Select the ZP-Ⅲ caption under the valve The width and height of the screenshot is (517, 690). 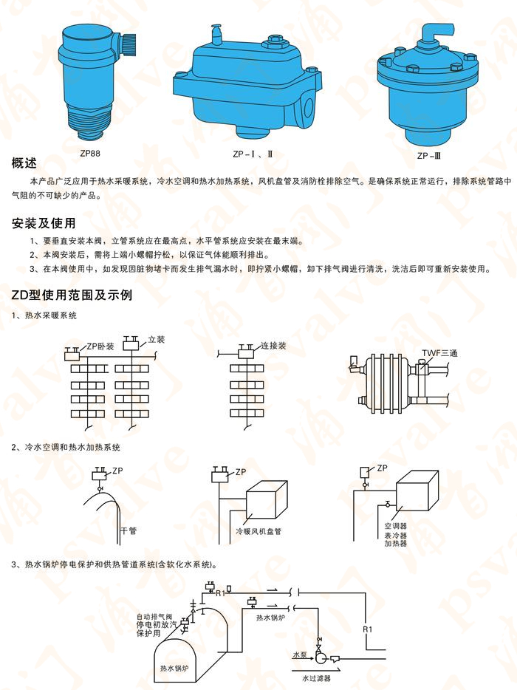[429, 156]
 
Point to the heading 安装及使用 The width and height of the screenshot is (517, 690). [43, 223]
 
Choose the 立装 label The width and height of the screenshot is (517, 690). [157, 339]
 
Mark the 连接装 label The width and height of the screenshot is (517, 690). [273, 345]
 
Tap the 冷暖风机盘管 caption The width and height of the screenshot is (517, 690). [258, 531]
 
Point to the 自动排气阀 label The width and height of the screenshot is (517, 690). [154, 616]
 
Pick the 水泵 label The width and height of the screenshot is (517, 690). [299, 655]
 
